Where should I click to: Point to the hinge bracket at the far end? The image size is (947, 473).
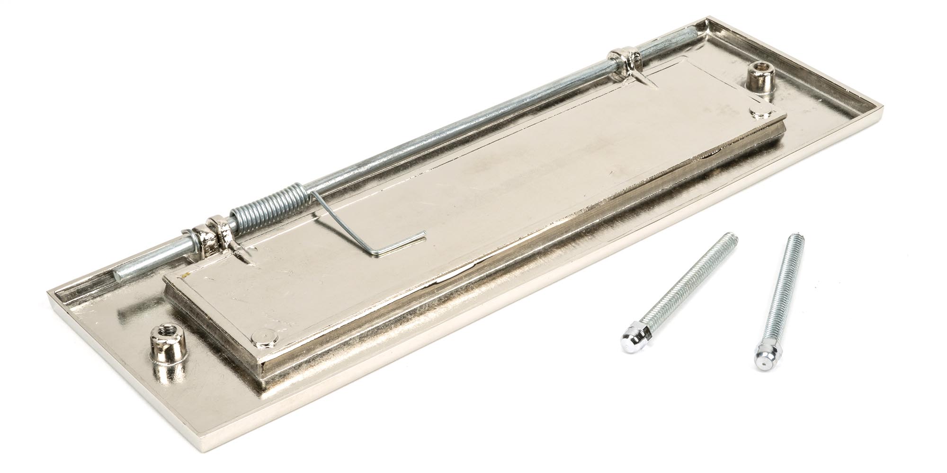(625, 59)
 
